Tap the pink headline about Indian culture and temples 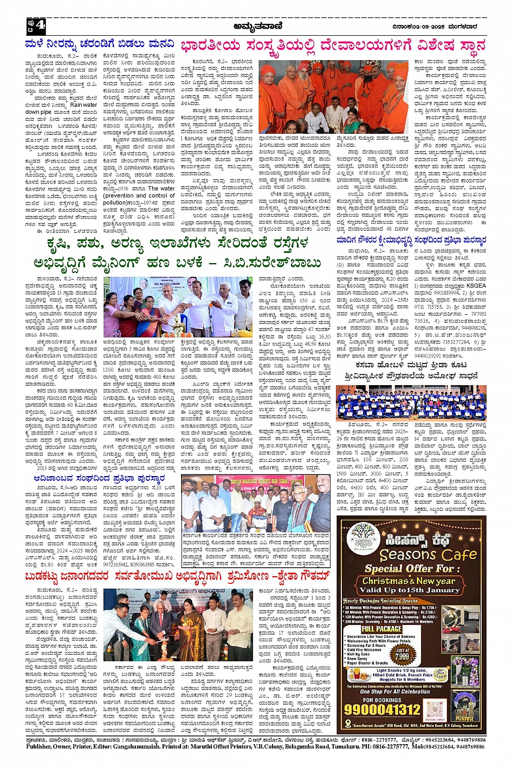pos(333,45)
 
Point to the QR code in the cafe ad pos(435,710)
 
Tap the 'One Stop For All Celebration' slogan pos(395,692)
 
